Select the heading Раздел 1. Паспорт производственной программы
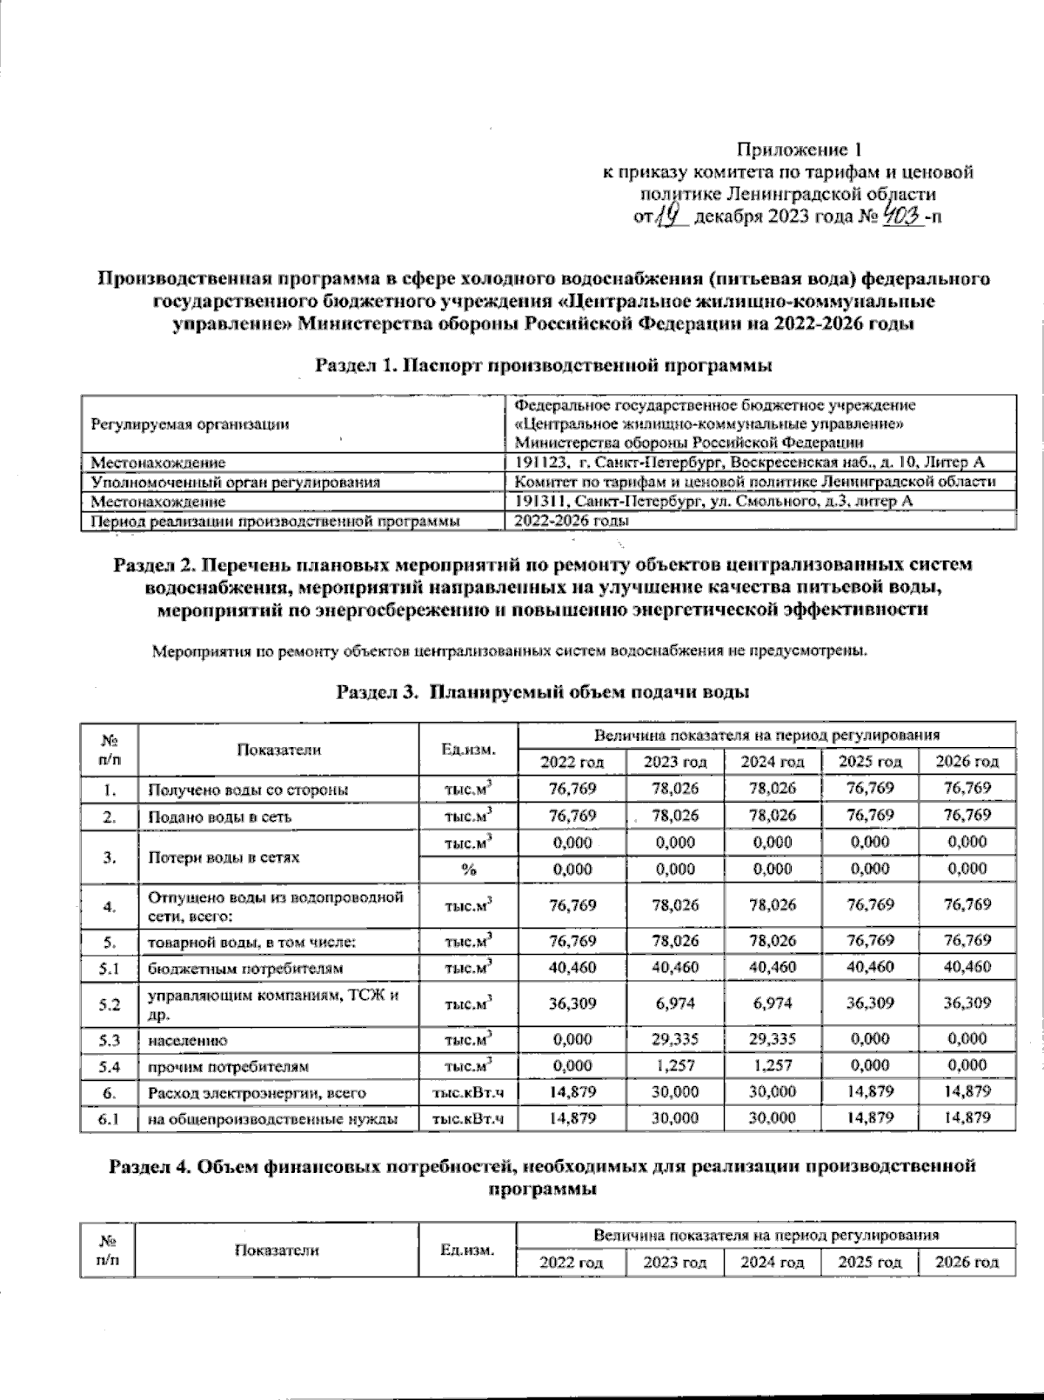(x=544, y=366)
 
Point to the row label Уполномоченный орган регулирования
(x=236, y=482)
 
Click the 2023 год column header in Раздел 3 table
(x=675, y=762)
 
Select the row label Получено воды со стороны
(x=249, y=790)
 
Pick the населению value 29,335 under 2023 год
(x=675, y=1039)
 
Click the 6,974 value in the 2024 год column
(x=772, y=1003)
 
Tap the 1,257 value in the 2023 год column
(x=675, y=1066)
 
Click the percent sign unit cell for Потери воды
(x=468, y=869)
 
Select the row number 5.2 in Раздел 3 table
(x=110, y=1003)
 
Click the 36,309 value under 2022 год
(x=572, y=1003)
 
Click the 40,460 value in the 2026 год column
(x=967, y=967)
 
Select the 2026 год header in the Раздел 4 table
(x=967, y=1262)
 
